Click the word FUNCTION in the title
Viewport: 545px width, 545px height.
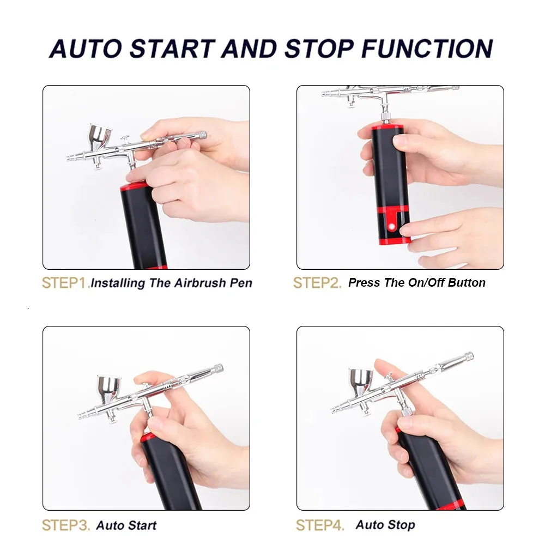click(427, 49)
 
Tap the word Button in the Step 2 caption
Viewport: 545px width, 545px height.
click(467, 282)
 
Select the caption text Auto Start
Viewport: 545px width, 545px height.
click(126, 525)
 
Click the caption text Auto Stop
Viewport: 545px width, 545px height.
click(385, 525)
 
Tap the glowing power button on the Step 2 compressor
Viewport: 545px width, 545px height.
click(392, 227)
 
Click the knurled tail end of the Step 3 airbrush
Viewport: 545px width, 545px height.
click(218, 368)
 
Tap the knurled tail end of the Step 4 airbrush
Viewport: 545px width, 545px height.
click(469, 356)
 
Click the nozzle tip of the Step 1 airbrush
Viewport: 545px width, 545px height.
click(69, 159)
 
